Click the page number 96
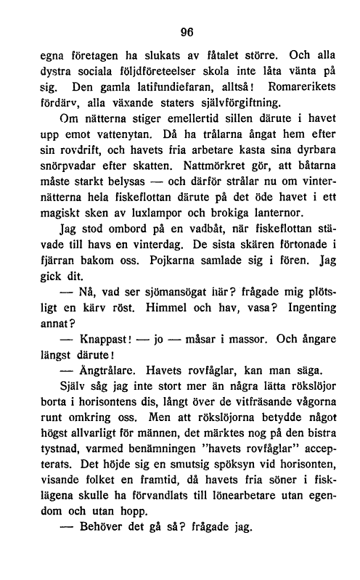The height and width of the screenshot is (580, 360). pyautogui.click(x=189, y=32)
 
